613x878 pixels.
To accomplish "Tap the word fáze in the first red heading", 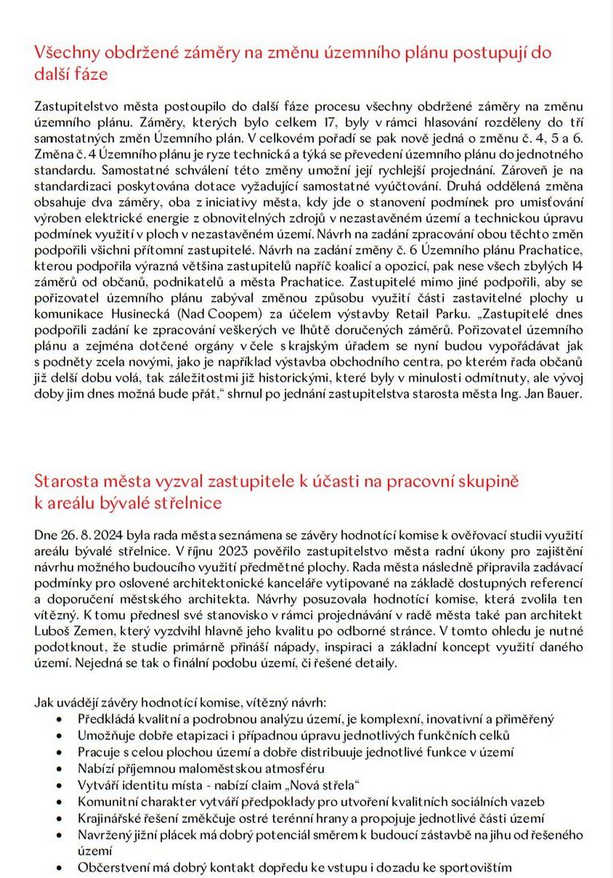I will click(x=93, y=74).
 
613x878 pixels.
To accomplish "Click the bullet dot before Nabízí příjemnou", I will click(x=65, y=769).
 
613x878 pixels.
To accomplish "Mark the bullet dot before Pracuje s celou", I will click(x=65, y=752).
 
